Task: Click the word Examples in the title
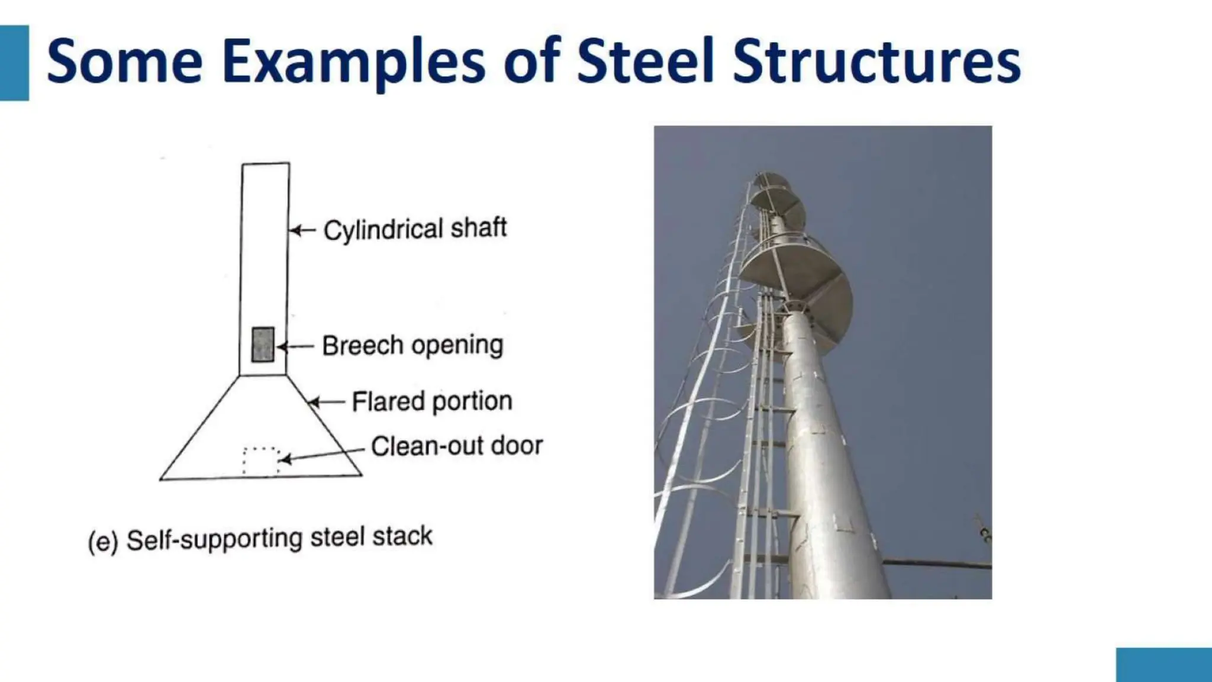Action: (x=354, y=62)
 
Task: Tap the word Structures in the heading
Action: (x=876, y=62)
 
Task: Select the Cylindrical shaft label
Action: (x=415, y=229)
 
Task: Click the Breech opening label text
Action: (x=412, y=345)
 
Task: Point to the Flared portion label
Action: (x=431, y=401)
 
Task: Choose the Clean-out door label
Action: (x=456, y=446)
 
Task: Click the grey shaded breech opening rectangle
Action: (x=263, y=344)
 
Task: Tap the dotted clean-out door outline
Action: (x=261, y=461)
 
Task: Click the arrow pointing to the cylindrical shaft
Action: (x=302, y=230)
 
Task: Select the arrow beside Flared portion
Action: (x=326, y=403)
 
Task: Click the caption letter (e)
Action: (x=103, y=541)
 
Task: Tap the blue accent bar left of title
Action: (x=14, y=63)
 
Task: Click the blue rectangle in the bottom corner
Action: (x=1163, y=664)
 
